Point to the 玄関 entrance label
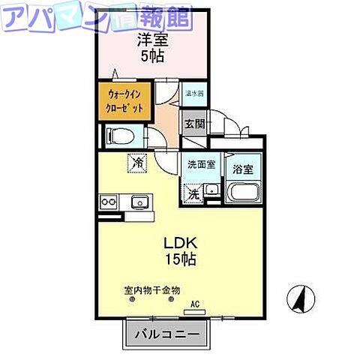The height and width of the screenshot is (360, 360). coord(194,124)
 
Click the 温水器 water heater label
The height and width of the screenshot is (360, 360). coord(195,94)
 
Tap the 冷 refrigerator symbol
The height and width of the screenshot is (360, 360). coord(138,160)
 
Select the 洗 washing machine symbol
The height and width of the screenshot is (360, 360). coord(193,193)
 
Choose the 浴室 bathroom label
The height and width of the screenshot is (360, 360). coord(242,169)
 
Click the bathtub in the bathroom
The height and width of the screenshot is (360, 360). coord(241,192)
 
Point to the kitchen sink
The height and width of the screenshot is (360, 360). coord(139,202)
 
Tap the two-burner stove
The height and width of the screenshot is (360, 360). coord(106,202)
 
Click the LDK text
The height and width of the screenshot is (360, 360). coord(180,244)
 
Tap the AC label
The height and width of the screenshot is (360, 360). coord(195,304)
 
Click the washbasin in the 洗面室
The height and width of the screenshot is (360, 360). coord(212,189)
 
